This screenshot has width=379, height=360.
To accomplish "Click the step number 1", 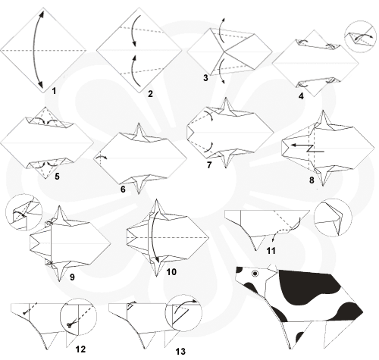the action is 54,91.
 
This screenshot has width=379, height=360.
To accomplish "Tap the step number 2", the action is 150,94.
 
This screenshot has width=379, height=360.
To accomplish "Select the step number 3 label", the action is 205,78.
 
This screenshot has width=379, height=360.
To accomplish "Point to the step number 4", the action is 301,96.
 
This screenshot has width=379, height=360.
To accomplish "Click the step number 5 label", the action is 57,177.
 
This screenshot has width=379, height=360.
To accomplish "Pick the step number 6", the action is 123,189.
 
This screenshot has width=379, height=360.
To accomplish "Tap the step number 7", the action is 209,165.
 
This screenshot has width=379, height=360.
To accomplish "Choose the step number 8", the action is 312,180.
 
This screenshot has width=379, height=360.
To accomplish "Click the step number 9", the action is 72,277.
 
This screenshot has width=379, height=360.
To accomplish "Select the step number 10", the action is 171,272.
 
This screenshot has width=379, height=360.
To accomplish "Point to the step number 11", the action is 271,251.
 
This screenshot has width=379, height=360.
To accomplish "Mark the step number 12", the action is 80,349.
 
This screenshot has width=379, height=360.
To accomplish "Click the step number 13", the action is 180,351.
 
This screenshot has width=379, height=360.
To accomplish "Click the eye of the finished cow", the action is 255,274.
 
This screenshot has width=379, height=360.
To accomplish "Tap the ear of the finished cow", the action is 272,268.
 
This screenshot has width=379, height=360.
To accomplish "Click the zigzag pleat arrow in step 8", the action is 308,148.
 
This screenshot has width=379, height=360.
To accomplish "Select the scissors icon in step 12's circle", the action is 70,324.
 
